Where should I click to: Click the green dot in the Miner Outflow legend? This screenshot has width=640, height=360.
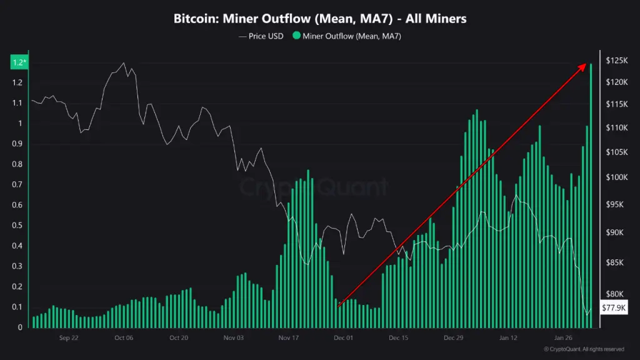[296, 36]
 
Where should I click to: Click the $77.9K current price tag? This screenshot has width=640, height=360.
[612, 307]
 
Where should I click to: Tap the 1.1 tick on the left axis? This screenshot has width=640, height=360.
[17, 103]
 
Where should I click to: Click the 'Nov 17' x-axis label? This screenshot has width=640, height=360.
[288, 337]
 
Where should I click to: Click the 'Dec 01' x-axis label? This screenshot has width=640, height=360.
[343, 337]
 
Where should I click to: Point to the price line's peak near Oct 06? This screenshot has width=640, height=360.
[123, 62]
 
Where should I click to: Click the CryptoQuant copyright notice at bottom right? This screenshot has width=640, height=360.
[584, 349]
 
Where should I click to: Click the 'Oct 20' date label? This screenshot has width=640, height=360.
[179, 337]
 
